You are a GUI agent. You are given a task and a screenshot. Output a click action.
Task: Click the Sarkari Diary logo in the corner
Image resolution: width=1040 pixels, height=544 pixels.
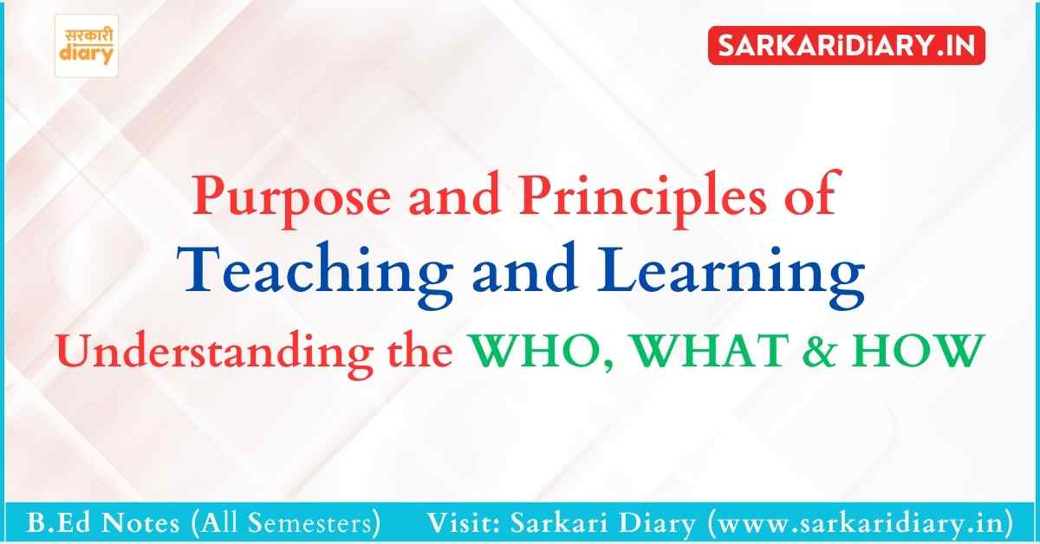coord(87,46)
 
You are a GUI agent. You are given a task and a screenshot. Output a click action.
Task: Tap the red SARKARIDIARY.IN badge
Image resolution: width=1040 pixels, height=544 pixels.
coord(847,46)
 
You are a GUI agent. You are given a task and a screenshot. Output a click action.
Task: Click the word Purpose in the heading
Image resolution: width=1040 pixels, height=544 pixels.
coord(291,198)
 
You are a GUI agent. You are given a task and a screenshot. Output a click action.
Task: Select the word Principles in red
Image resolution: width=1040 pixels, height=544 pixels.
coord(642,198)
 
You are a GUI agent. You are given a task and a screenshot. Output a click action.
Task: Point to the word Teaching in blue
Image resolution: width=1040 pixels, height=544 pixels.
coord(315,275)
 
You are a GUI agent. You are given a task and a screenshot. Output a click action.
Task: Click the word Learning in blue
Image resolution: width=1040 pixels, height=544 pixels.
coord(731,275)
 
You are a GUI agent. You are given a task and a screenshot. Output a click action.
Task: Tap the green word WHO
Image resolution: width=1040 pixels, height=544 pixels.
coord(539,351)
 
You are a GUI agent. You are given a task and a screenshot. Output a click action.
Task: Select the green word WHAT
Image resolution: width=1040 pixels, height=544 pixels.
coord(711,351)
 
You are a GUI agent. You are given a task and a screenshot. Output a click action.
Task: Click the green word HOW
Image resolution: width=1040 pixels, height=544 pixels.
coord(918,351)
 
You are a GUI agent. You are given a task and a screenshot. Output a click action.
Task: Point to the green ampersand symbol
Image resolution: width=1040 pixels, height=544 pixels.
coord(820,351)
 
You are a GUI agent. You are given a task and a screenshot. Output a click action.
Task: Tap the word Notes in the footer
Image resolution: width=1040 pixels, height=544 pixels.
coord(140,523)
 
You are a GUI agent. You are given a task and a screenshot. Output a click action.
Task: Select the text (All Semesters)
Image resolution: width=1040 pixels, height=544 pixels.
coord(285,523)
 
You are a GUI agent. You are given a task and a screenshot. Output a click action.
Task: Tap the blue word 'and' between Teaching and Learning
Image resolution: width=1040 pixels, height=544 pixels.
coord(525,270)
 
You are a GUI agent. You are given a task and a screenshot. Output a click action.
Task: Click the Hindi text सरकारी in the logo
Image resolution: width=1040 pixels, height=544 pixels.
coord(88,36)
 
